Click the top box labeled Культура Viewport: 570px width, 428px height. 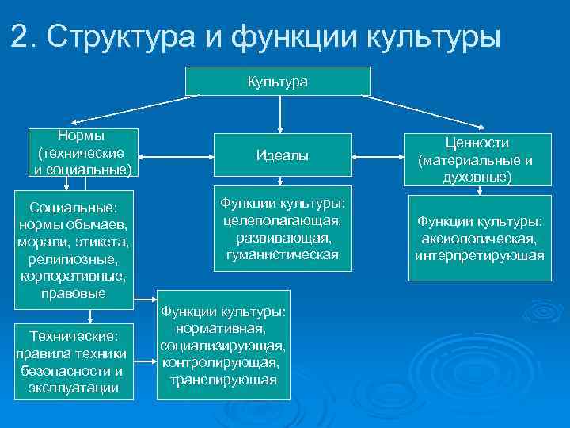click(278, 81)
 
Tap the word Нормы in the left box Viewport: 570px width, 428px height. click(82, 136)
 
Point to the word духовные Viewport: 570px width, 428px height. click(476, 177)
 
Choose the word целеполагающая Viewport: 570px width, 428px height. click(282, 221)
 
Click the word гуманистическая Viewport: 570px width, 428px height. click(282, 254)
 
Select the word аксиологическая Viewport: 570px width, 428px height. click(480, 238)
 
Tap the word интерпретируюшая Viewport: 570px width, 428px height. click(480, 255)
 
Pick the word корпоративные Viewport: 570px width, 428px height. click(74, 277)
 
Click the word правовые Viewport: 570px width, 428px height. click(74, 293)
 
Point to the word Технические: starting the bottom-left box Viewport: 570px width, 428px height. click(73, 336)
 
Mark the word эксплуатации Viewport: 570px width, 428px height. click(73, 388)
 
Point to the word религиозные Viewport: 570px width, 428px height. click(74, 259)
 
